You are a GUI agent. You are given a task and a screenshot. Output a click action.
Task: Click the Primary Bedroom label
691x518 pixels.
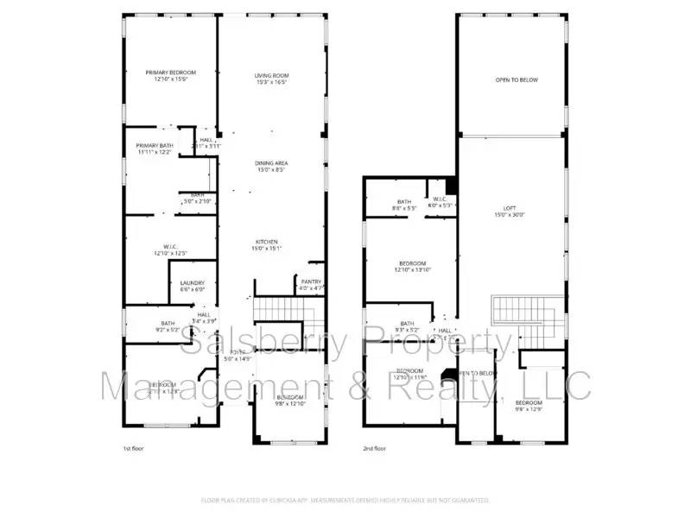[x=170, y=76]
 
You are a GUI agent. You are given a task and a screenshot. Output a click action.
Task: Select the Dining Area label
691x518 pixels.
[x=270, y=167]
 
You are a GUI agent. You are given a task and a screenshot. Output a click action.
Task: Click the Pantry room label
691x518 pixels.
[x=311, y=284]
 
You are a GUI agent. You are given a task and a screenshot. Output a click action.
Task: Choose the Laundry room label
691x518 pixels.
[x=192, y=287]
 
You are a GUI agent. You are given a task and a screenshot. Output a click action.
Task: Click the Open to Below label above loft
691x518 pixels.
[x=516, y=80]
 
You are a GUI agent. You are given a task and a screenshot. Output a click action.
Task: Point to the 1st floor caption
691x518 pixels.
[x=134, y=449]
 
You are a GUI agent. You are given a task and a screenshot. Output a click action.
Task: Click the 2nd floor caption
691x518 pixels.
[x=375, y=449]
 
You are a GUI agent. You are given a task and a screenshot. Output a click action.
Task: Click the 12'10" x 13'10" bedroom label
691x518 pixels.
[x=412, y=267]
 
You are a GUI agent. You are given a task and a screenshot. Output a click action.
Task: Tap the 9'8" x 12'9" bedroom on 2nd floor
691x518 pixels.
[x=529, y=406]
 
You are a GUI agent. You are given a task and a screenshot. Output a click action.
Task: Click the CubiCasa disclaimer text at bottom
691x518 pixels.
[x=345, y=500]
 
